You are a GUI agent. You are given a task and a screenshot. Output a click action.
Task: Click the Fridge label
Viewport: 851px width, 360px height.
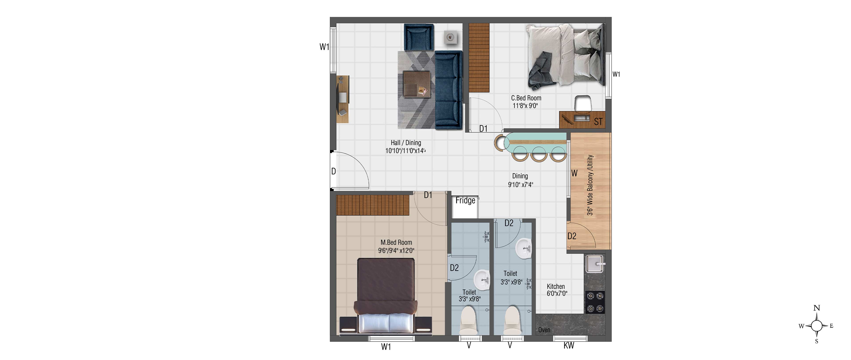coord(465,200)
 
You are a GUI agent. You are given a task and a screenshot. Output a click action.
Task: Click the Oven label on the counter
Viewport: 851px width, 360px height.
coord(544,330)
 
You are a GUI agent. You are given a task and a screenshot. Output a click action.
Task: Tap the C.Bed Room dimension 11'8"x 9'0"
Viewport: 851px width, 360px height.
coord(525,106)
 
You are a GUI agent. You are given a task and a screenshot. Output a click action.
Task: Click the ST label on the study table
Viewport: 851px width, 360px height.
coord(598,122)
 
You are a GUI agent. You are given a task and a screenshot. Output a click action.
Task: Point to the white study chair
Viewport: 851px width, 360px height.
coord(582,104)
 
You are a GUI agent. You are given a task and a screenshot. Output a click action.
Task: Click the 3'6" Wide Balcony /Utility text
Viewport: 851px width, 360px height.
coord(590,185)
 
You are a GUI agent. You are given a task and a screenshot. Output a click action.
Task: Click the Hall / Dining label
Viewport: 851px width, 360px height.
coord(406,143)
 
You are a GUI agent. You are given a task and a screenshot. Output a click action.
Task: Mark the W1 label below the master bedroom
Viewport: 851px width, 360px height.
coord(386,346)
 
